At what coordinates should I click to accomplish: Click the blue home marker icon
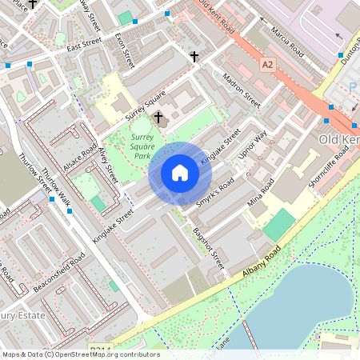coord(180,173)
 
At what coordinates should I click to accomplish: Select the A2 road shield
coord(266,63)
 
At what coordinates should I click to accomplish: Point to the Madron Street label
coord(242,92)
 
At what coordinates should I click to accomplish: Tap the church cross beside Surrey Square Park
coord(158,118)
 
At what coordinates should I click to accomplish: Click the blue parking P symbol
coord(353,87)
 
